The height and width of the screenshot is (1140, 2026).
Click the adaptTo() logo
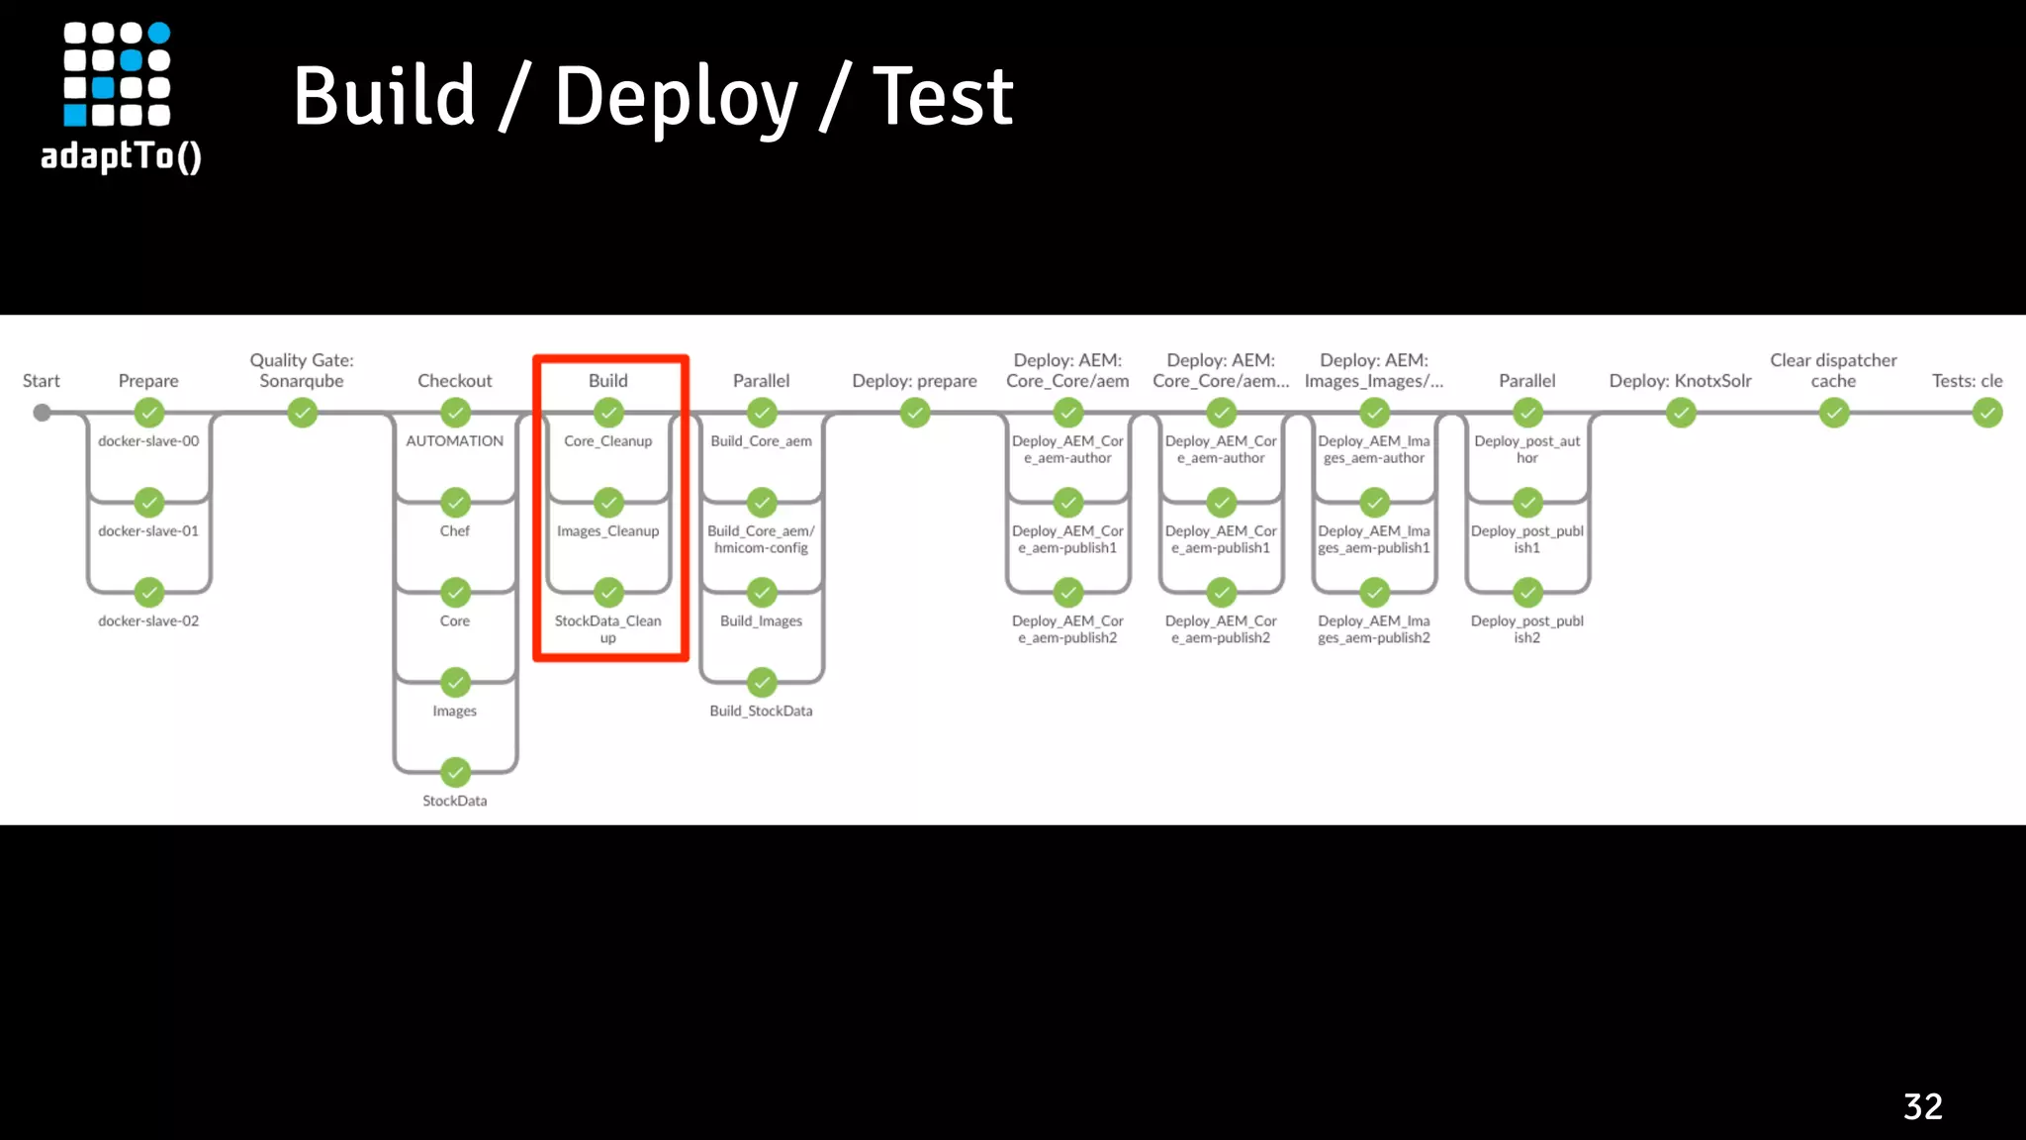click(120, 97)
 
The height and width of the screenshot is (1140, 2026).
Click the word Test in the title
click(942, 97)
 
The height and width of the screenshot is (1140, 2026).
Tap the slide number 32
click(1922, 1106)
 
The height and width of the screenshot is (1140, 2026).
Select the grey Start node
click(42, 413)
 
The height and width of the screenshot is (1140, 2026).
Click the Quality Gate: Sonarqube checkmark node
click(302, 413)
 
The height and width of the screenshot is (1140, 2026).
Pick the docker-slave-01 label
click(148, 531)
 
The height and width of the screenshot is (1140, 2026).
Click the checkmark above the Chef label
click(455, 503)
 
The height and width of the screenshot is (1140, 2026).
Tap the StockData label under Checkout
click(455, 801)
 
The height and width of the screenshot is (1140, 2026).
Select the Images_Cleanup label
click(607, 531)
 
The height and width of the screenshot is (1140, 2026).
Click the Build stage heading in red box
click(607, 381)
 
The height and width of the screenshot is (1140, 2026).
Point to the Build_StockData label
click(761, 711)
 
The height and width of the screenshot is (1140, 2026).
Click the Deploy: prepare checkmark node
click(915, 413)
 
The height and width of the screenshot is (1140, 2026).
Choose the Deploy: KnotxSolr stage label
click(1680, 381)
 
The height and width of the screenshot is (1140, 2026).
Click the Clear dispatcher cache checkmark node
click(1834, 413)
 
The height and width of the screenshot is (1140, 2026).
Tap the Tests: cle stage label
click(1967, 381)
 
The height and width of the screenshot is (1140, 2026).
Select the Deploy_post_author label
click(1526, 449)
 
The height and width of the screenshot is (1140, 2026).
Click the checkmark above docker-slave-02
click(148, 593)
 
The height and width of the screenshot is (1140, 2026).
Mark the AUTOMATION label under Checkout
click(455, 441)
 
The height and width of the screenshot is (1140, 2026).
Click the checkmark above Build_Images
click(762, 593)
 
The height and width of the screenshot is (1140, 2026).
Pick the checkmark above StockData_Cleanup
click(608, 593)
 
